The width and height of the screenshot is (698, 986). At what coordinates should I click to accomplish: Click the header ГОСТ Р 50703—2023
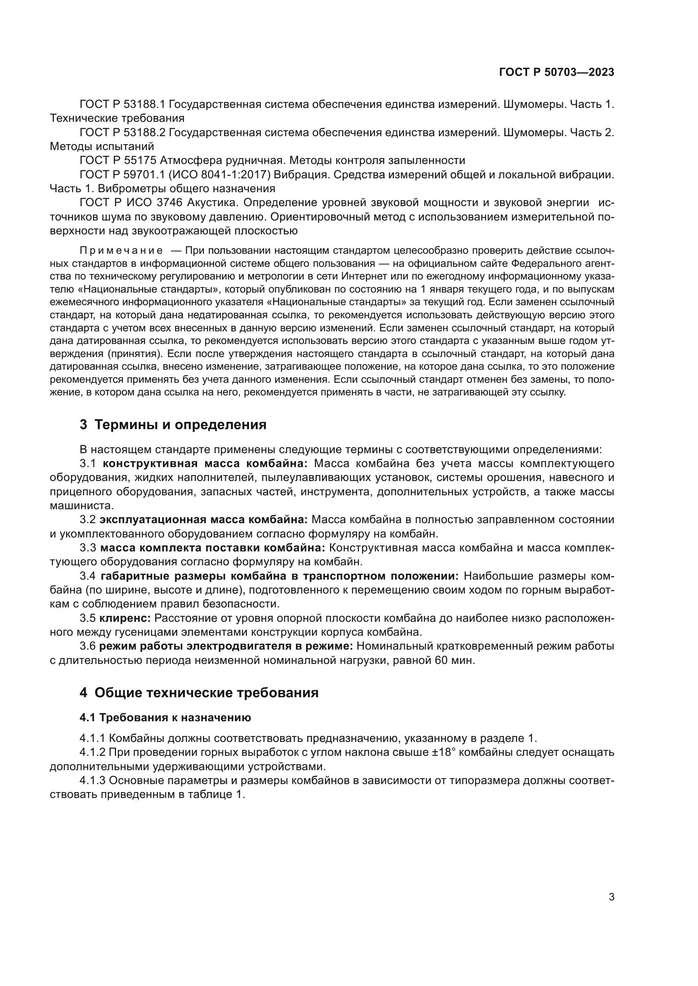tap(556, 72)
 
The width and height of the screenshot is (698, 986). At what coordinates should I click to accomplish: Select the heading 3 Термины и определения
tap(173, 425)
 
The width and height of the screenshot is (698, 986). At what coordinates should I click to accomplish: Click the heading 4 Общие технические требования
tap(199, 693)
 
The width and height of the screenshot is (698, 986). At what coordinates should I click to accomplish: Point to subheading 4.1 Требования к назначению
tap(165, 717)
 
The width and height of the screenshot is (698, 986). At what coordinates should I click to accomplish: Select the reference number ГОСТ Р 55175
tap(118, 161)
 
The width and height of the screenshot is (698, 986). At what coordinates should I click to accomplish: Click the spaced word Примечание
tap(121, 251)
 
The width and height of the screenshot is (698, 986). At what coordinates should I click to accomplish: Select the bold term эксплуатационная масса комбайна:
tap(203, 520)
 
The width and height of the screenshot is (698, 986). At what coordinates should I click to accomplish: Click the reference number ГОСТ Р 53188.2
tap(122, 132)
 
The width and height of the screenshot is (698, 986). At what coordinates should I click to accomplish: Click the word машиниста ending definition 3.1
tap(80, 505)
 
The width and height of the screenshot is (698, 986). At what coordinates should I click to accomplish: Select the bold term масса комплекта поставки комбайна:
tap(212, 548)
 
